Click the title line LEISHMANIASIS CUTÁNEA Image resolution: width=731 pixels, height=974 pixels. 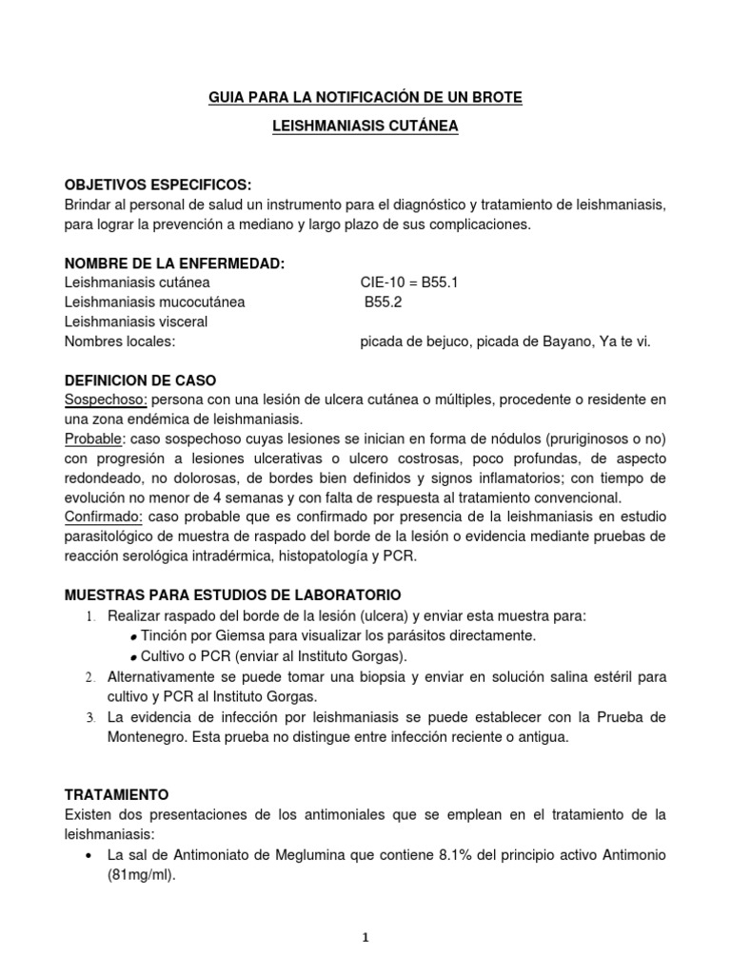(x=365, y=127)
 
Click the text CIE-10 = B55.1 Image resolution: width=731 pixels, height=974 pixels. (x=409, y=282)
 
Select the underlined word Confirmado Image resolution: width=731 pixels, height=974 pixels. (x=104, y=516)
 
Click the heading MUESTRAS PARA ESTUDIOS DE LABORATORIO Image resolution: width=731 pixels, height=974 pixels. (x=226, y=594)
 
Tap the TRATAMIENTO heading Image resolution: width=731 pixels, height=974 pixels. (x=116, y=793)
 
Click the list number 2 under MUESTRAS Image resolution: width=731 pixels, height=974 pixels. (x=89, y=677)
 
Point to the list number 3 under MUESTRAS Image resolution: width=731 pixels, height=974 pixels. (x=89, y=716)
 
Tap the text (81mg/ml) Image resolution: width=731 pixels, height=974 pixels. (x=143, y=873)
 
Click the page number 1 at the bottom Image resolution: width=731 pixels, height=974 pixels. (x=365, y=937)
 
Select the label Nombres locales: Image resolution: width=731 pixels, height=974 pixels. (x=120, y=341)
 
